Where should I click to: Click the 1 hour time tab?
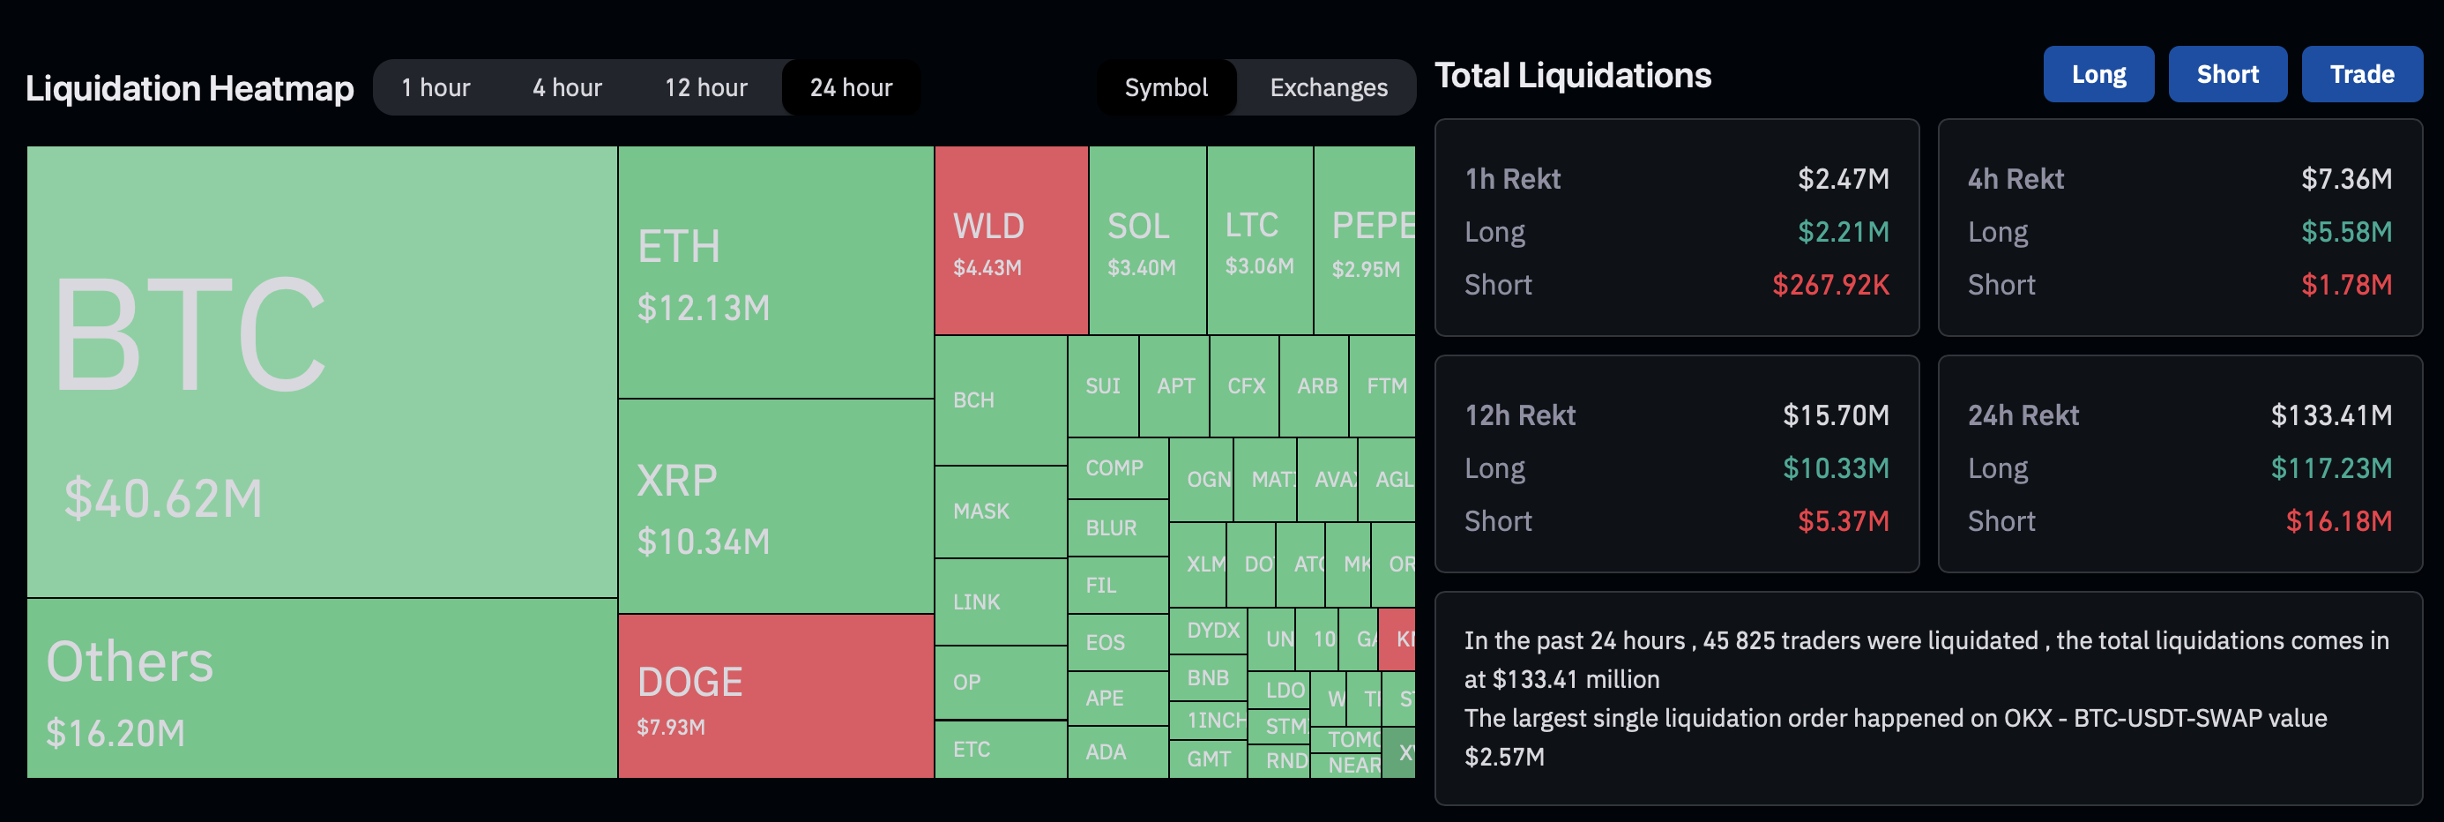pos(436,87)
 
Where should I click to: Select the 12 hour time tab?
pos(705,87)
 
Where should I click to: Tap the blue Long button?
pos(2098,74)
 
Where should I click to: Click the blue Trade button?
pos(2361,74)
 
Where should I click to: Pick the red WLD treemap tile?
pos(1010,240)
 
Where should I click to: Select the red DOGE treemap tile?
pos(774,696)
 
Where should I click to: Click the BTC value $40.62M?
pos(162,498)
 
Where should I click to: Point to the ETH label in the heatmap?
pos(678,247)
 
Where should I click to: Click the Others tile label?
pos(130,661)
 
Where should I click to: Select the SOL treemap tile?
pos(1147,240)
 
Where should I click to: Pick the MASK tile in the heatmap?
pos(1000,512)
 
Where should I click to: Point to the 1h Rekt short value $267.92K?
pos(1830,285)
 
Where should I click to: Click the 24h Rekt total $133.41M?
pos(2330,415)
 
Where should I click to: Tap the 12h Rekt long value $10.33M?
pos(1835,468)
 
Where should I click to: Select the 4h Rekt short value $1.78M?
pos(2345,285)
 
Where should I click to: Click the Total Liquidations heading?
pos(1572,75)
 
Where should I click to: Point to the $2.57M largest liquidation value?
pos(1504,757)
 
